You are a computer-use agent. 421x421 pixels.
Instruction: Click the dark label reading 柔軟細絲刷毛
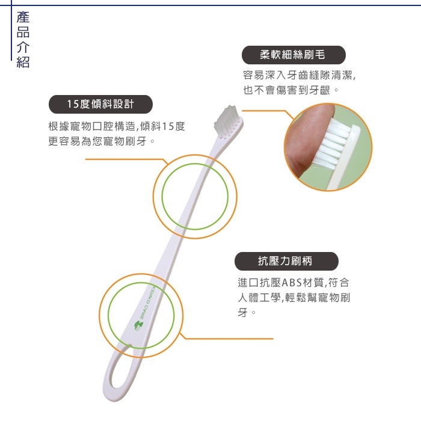(x=293, y=55)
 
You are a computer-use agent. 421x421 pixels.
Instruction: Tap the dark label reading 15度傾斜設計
(x=100, y=104)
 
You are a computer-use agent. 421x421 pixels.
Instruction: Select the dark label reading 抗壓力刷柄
(x=286, y=261)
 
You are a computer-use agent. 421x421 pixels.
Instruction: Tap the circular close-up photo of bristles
(x=328, y=147)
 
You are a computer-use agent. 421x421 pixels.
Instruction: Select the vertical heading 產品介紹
(x=23, y=39)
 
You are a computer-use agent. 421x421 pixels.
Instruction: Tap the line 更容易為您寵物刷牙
(x=102, y=141)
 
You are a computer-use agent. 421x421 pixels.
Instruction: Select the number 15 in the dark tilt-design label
(x=73, y=104)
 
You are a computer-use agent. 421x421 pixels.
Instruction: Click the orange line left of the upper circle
(x=123, y=160)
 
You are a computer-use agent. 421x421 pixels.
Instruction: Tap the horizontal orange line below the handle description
(x=229, y=339)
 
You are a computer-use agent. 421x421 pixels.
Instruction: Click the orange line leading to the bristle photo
(x=265, y=111)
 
